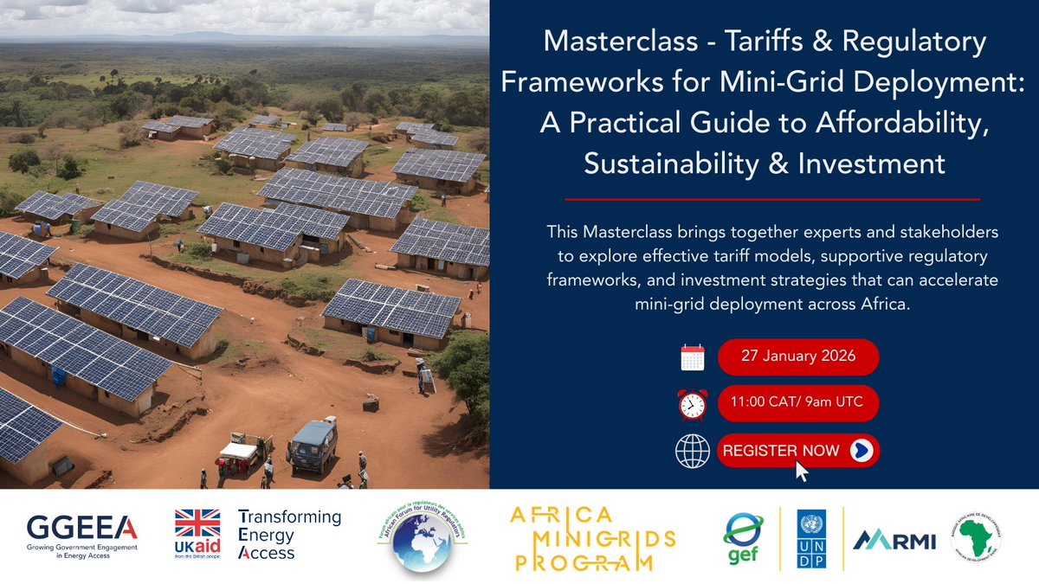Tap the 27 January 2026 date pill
pos(797,356)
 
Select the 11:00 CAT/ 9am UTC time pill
pos(797,402)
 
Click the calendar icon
pos(693,357)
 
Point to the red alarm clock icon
pos(693,403)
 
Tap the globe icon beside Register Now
pos(691,451)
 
